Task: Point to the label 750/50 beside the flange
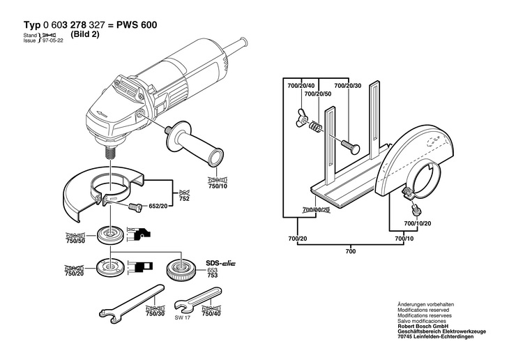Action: click(75, 240)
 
